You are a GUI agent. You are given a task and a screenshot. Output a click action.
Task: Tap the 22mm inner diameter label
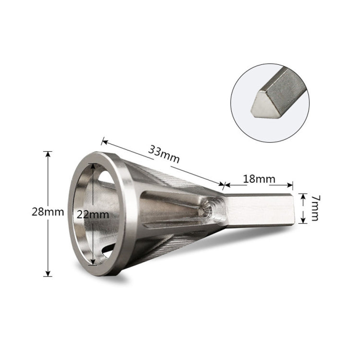click(x=92, y=215)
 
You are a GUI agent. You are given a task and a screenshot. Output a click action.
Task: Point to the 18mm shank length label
click(x=259, y=179)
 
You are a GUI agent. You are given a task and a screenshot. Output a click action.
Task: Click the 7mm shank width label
click(x=314, y=208)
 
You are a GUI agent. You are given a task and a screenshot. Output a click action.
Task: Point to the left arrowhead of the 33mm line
click(x=103, y=141)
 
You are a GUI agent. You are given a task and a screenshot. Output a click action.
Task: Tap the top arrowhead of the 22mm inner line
click(x=94, y=165)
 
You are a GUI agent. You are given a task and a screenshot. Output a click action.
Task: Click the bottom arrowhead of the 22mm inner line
click(x=94, y=263)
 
